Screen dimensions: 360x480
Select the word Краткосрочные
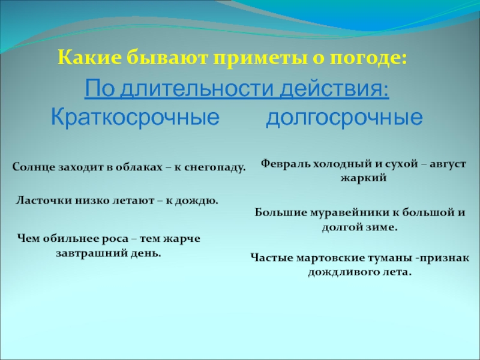(x=134, y=116)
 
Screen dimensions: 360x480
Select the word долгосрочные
(x=344, y=116)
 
